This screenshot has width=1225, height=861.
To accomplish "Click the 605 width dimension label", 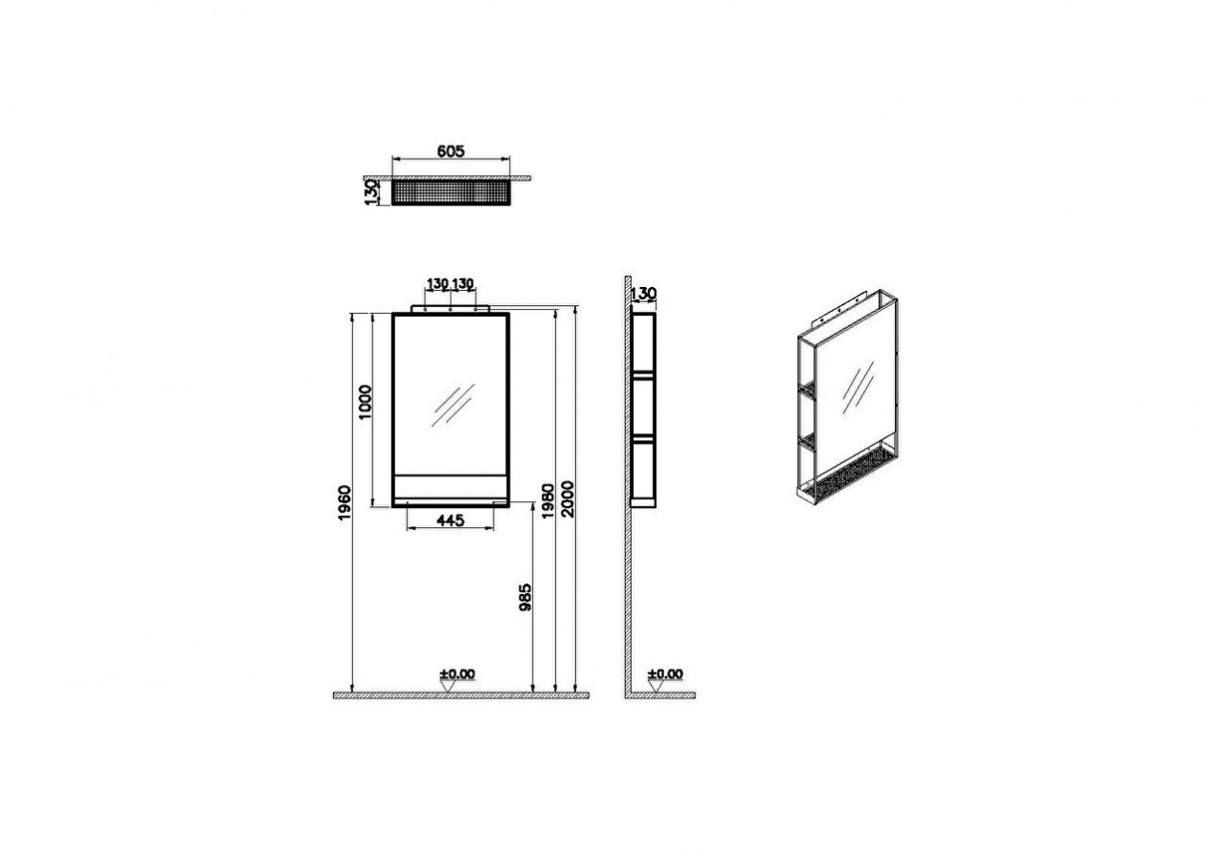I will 450,151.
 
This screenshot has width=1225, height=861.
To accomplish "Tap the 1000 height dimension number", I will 366,403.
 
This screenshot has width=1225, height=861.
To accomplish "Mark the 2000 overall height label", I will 568,498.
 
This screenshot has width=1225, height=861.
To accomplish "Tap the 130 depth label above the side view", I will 644,294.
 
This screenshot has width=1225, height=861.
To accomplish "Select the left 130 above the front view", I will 437,284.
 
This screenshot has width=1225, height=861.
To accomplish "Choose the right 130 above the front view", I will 462,284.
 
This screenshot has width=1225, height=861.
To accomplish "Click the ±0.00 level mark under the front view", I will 457,674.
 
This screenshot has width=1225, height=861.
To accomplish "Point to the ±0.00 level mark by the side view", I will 665,674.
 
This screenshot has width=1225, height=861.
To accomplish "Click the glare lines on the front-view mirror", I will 453,405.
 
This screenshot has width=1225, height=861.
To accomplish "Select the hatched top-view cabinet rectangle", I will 450,192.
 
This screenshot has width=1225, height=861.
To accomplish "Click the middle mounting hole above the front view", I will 450,309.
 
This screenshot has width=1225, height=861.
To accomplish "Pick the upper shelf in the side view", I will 644,376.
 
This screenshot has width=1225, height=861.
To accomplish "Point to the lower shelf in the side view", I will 644,436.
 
